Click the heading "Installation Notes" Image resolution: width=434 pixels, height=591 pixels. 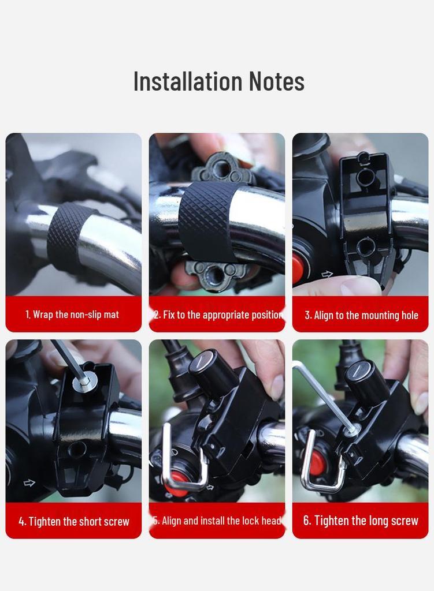tap(218, 81)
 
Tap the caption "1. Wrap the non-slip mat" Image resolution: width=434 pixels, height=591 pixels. tap(72, 315)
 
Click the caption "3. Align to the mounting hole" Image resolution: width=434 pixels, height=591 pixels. tap(361, 315)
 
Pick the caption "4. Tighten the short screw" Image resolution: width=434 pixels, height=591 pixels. tap(73, 521)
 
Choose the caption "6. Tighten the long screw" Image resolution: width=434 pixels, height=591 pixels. tap(361, 521)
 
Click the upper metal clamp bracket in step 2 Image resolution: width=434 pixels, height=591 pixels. tap(222, 169)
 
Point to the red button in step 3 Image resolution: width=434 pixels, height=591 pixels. tap(298, 268)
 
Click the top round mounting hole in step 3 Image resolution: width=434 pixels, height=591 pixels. tap(365, 177)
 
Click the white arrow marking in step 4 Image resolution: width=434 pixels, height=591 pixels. tap(29, 482)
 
